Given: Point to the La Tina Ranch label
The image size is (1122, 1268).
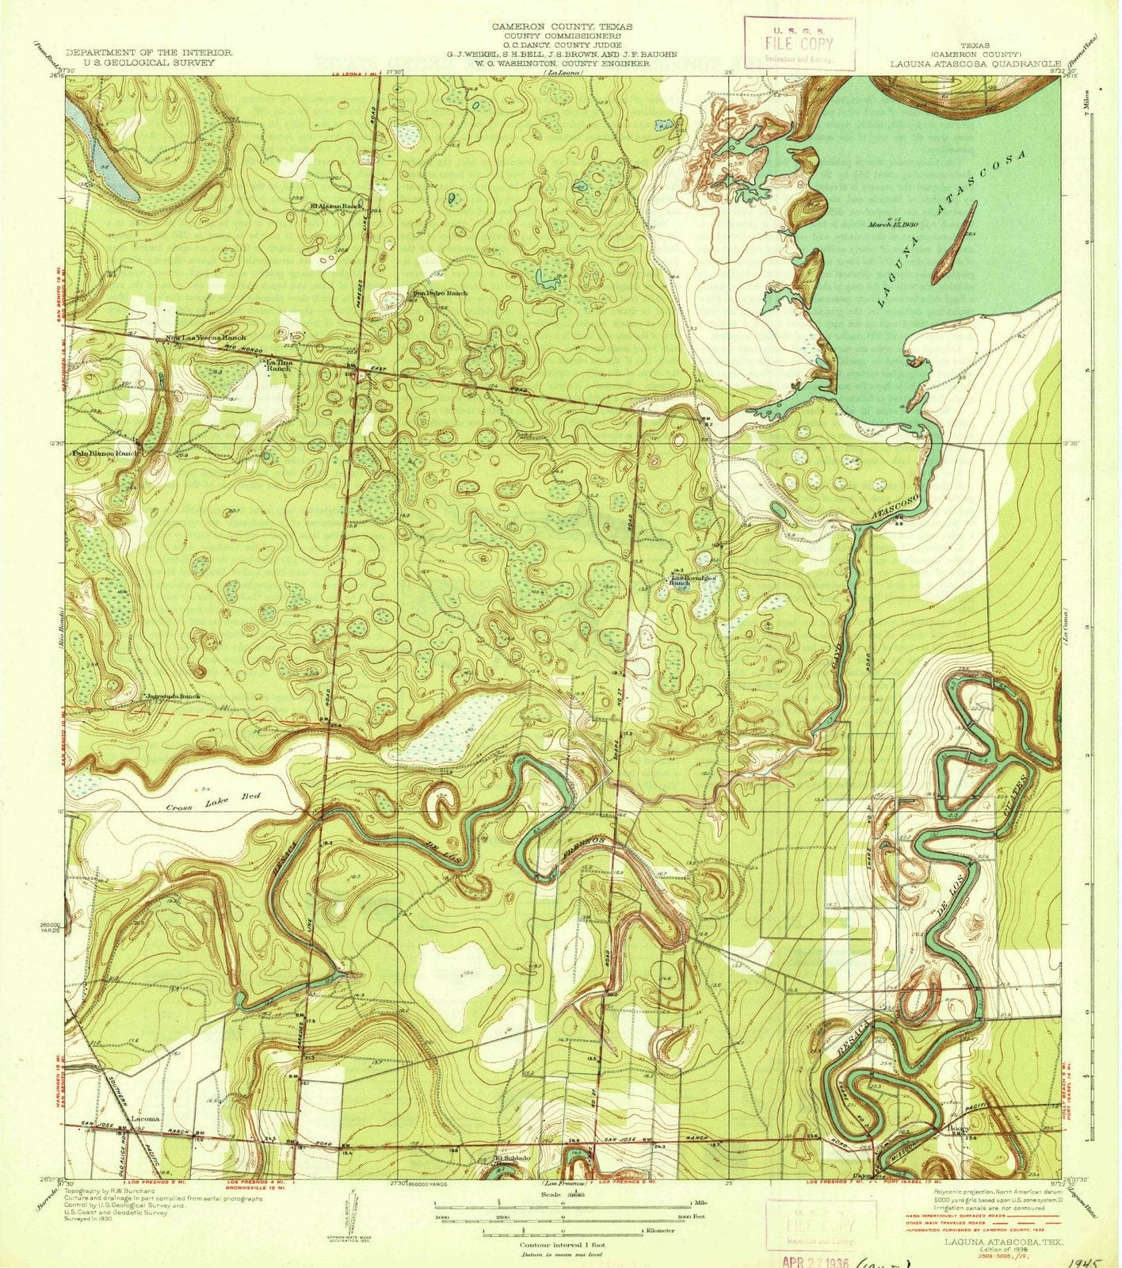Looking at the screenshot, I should (x=276, y=365).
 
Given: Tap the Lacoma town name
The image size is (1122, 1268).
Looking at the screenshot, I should (x=145, y=1119).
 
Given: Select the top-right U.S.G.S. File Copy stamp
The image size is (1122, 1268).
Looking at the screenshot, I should (x=799, y=44).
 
